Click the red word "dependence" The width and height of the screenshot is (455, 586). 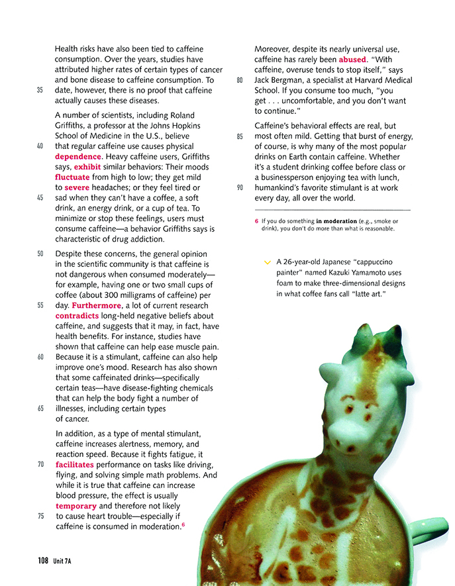[77, 157]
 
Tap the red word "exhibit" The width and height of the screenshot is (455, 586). [87, 167]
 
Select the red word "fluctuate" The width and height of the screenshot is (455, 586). [72, 177]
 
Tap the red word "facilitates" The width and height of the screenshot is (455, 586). [78, 465]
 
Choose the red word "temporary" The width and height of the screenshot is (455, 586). [76, 506]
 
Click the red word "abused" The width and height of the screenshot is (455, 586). [352, 60]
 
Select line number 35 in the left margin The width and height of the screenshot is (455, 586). [40, 89]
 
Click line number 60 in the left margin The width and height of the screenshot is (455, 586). [40, 358]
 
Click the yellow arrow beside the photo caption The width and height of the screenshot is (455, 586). [268, 262]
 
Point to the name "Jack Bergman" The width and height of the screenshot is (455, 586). [280, 80]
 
